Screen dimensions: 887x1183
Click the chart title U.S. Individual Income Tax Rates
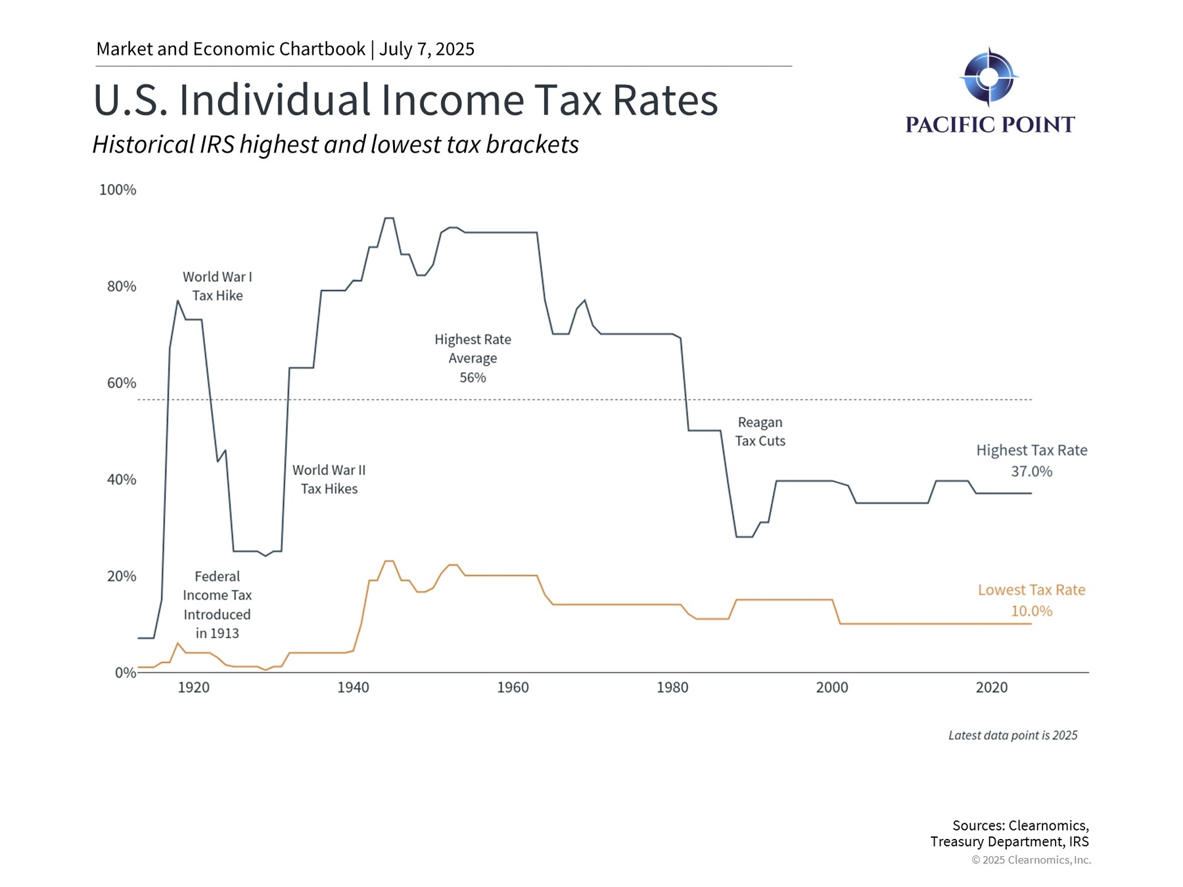pyautogui.click(x=406, y=101)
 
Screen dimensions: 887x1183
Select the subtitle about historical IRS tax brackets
pyautogui.click(x=335, y=145)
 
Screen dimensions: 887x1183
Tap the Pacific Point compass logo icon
pyautogui.click(x=988, y=77)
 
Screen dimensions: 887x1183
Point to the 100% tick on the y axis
pyautogui.click(x=118, y=190)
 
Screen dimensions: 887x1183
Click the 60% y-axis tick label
pyautogui.click(x=122, y=383)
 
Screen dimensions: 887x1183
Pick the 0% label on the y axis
pyautogui.click(x=126, y=673)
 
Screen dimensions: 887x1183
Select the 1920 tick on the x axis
pyautogui.click(x=194, y=688)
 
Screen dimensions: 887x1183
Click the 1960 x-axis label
pyautogui.click(x=513, y=688)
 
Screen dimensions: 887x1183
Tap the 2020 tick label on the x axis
pyautogui.click(x=991, y=688)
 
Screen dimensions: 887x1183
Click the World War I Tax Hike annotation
pyautogui.click(x=218, y=286)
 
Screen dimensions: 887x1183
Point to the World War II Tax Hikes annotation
pyautogui.click(x=329, y=480)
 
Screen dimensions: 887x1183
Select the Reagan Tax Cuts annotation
pyautogui.click(x=760, y=432)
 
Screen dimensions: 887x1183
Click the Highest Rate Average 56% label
pyautogui.click(x=473, y=359)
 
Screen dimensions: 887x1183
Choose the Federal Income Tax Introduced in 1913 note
pyautogui.click(x=217, y=605)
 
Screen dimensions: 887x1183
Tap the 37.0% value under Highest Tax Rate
pyautogui.click(x=1031, y=472)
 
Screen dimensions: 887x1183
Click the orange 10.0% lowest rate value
pyautogui.click(x=1031, y=612)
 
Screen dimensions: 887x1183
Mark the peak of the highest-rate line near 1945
pyautogui.click(x=388, y=218)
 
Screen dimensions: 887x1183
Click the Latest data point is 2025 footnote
pyautogui.click(x=1013, y=736)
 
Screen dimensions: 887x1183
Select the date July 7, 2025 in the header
pyautogui.click(x=427, y=49)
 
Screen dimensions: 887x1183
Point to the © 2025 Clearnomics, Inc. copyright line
pyautogui.click(x=1031, y=860)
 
